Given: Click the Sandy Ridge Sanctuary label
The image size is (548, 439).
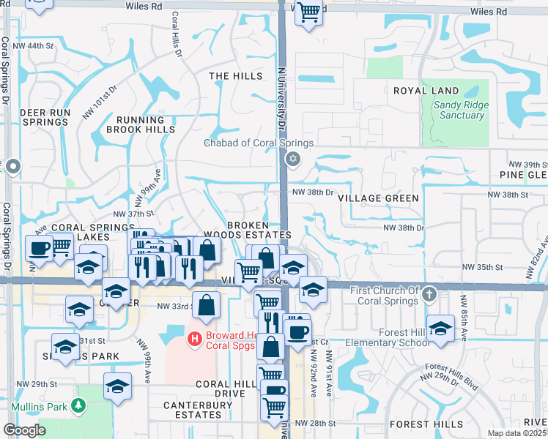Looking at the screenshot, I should coord(460,110).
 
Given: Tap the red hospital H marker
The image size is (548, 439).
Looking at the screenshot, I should coord(194,338).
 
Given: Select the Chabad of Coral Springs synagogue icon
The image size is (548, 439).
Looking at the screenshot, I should coord(293,159).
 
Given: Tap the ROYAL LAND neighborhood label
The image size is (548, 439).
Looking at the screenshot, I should coord(426,91).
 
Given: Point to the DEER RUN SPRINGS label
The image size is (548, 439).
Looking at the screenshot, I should coord(45,117).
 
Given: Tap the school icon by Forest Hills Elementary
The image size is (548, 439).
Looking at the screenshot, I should coord(440,329).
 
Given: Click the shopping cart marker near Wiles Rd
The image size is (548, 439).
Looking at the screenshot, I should coord(310,12).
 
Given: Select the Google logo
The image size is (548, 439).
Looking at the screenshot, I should coord(24,430).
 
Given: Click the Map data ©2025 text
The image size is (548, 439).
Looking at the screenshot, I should coord(516,433).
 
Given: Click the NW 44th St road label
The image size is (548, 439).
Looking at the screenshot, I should coord(40,46).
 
